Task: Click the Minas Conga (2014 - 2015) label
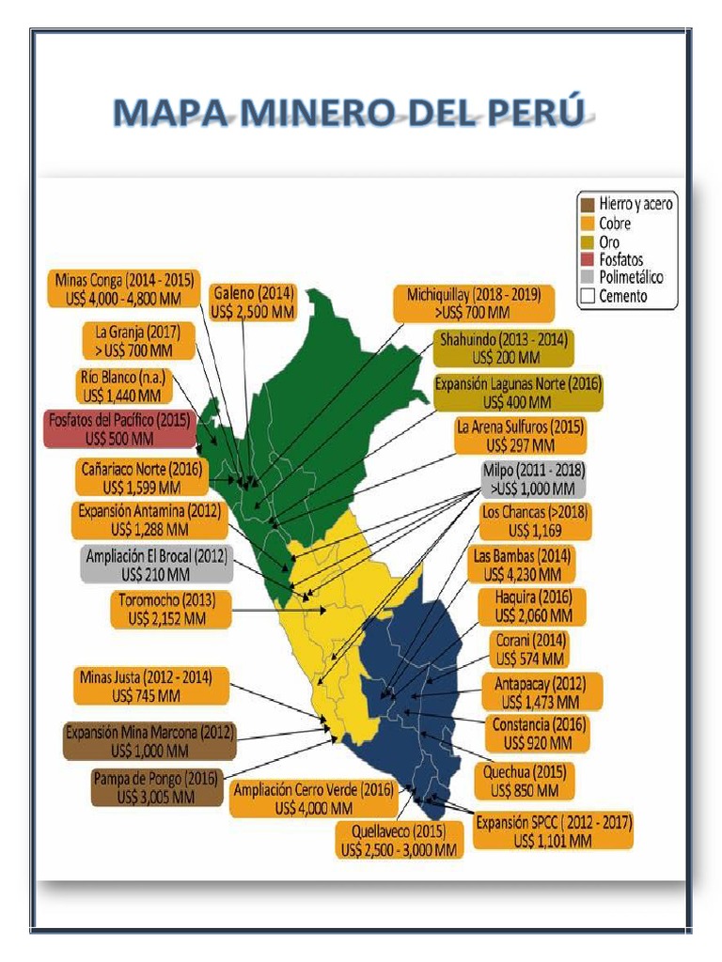pos(125,288)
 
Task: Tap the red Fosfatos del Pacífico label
pos(121,428)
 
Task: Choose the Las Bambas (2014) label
pos(523,565)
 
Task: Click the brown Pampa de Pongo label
pos(156,787)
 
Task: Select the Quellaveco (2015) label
pos(400,840)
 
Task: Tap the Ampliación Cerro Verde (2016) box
pos(314,799)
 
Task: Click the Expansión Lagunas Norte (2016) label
pos(518,393)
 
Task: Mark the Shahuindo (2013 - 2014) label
pos(506,349)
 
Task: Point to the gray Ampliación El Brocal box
pos(156,565)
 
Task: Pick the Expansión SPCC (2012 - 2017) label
pos(553,831)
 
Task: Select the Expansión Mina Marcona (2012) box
pos(149,741)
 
